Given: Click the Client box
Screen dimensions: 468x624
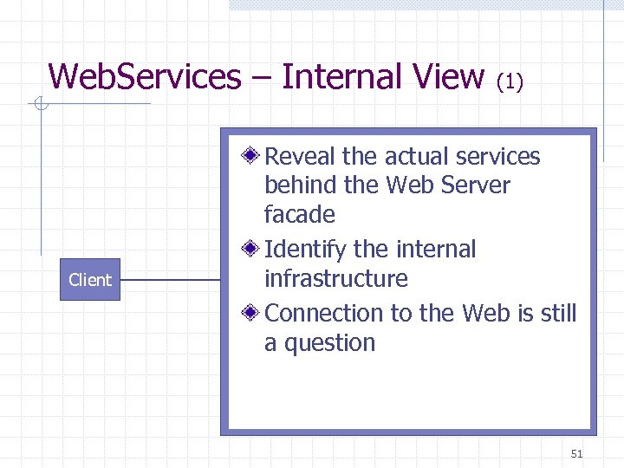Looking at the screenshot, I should (x=90, y=280).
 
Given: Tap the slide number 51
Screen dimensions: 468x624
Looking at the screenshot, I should (x=577, y=453).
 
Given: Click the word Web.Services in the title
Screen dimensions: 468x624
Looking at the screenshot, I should (x=145, y=76).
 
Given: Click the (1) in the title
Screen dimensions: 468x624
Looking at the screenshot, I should (x=510, y=81).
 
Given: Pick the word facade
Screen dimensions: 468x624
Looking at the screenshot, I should (x=299, y=214).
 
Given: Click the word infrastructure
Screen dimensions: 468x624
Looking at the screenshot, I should (x=335, y=279).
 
